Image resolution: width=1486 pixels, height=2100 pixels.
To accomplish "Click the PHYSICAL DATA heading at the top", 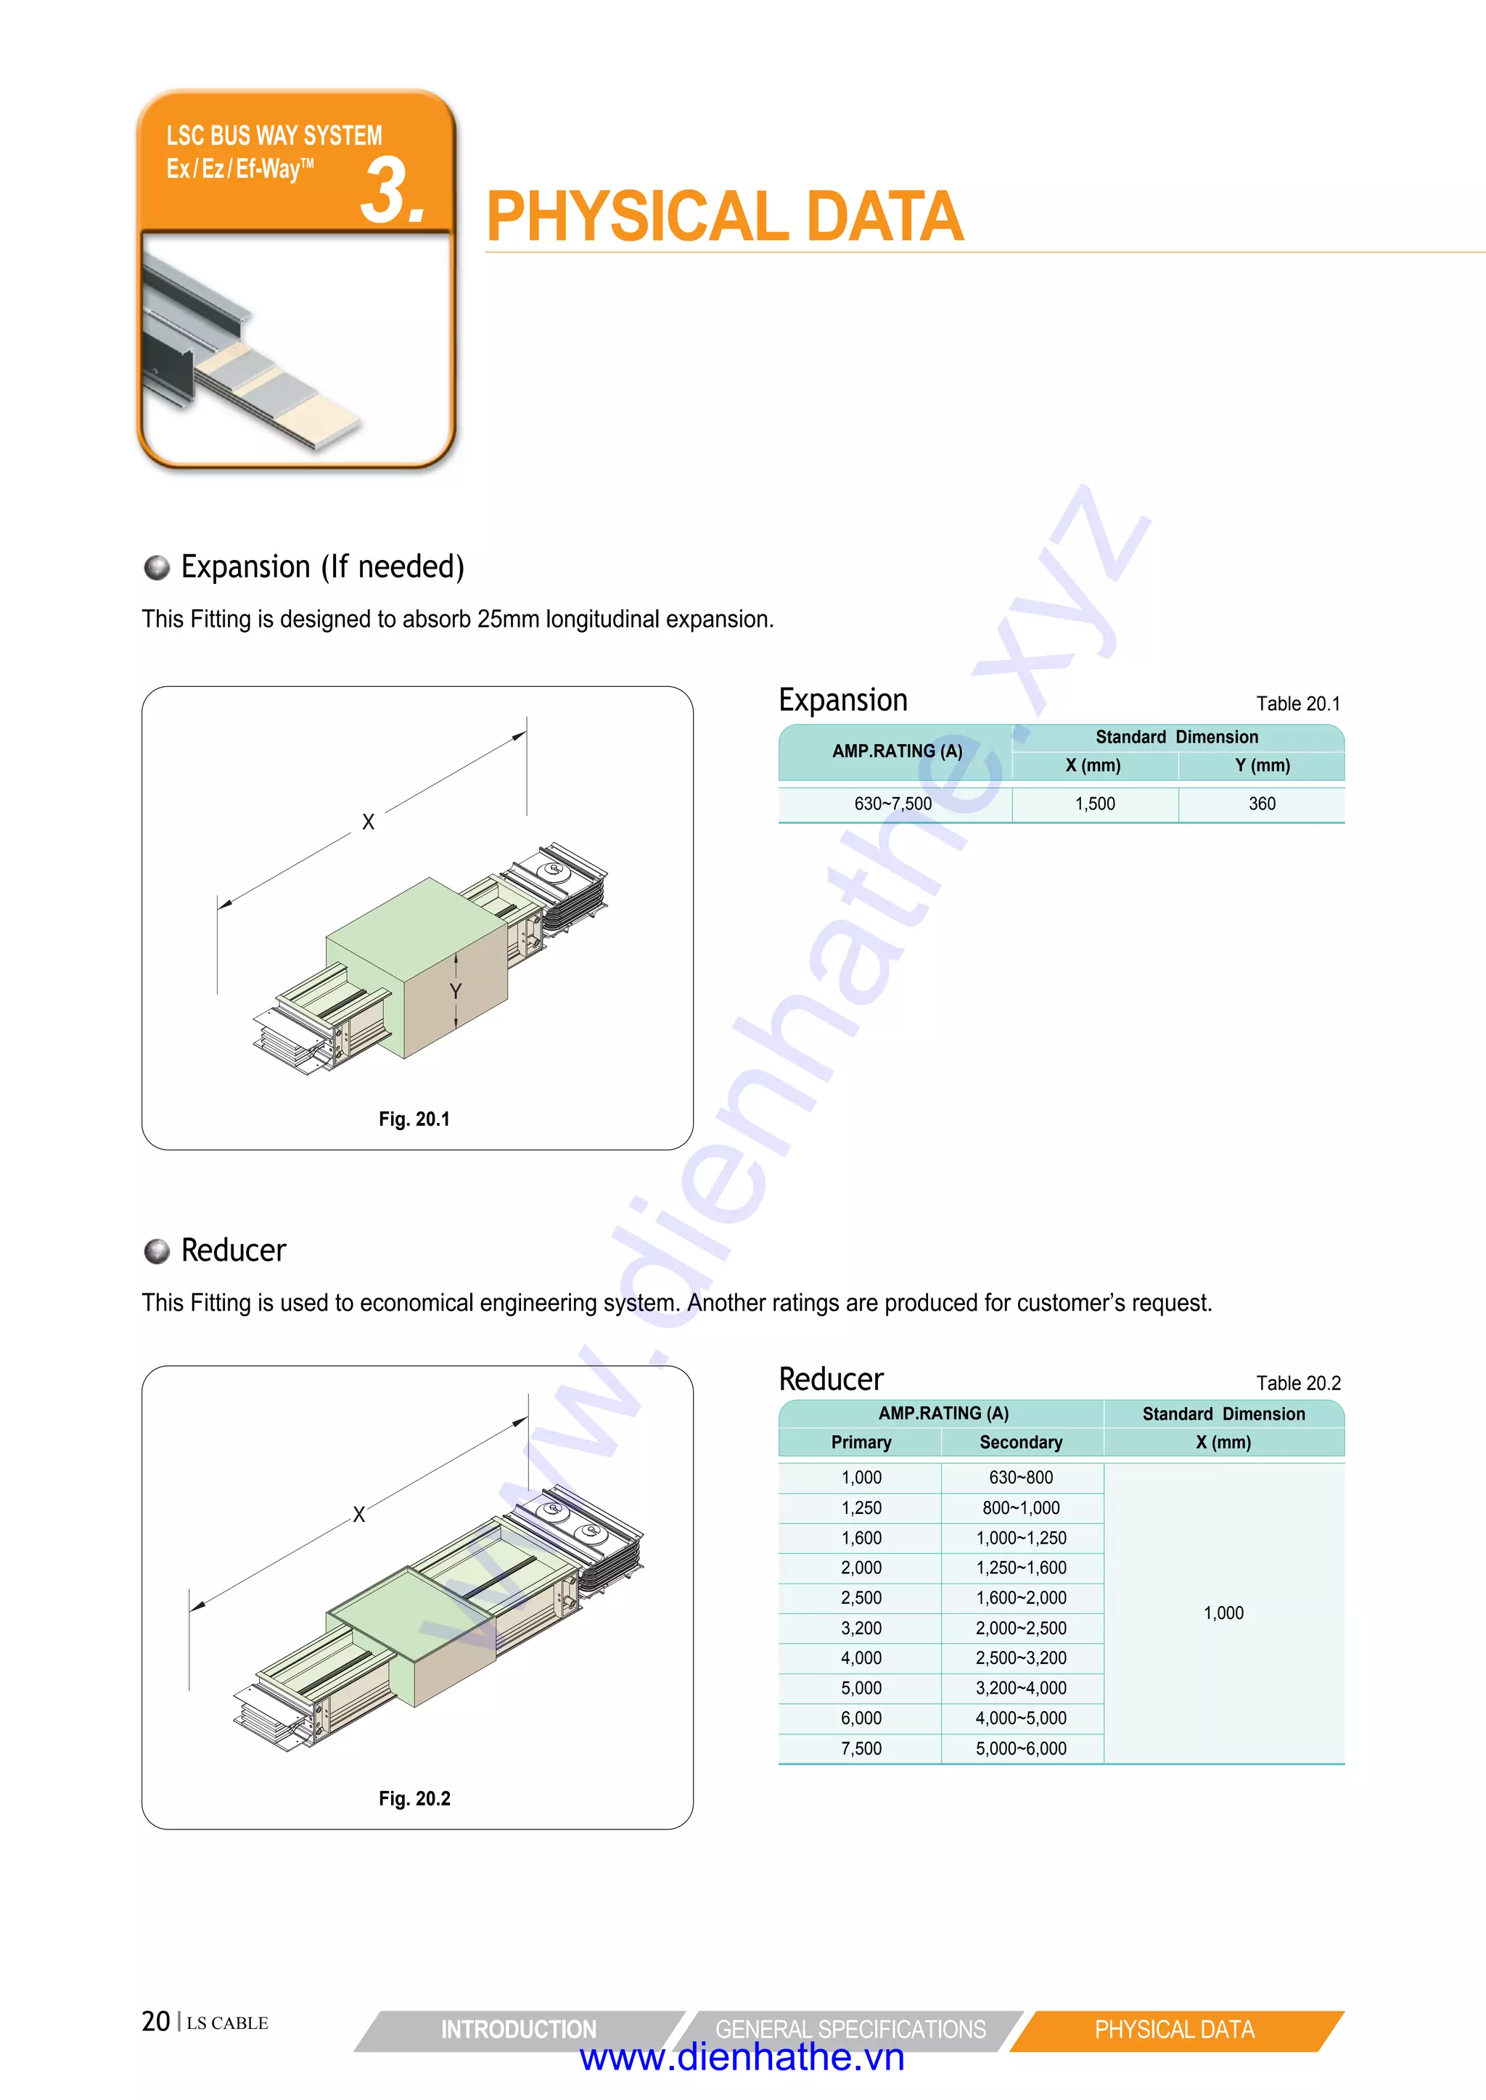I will click(x=724, y=218).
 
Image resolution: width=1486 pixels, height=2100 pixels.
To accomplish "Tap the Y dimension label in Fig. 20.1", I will click(x=455, y=992).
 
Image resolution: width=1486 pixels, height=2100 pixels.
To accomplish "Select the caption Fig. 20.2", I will click(x=414, y=1798).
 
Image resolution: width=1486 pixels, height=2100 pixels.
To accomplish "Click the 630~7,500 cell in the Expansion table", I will click(x=892, y=804).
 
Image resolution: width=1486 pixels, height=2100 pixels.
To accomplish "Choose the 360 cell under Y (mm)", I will click(x=1261, y=804).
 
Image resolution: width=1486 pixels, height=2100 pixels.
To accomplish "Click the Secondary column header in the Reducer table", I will click(x=1020, y=1442).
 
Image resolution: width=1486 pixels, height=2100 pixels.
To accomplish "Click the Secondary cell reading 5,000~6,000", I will click(x=1020, y=1749).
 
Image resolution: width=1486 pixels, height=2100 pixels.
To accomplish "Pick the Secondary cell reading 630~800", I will click(x=1020, y=1477).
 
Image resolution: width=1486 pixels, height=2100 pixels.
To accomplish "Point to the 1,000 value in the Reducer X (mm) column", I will click(x=1223, y=1613).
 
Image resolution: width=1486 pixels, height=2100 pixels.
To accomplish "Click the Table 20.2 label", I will click(x=1297, y=1383).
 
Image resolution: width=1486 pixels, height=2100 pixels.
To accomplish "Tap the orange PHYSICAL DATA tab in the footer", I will click(x=1174, y=2030).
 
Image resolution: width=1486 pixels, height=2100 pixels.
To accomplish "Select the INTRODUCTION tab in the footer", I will click(x=518, y=2030).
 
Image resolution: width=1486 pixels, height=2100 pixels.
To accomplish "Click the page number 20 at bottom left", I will click(x=155, y=2022).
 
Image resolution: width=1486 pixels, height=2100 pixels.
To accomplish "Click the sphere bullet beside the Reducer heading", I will click(x=157, y=1251).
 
